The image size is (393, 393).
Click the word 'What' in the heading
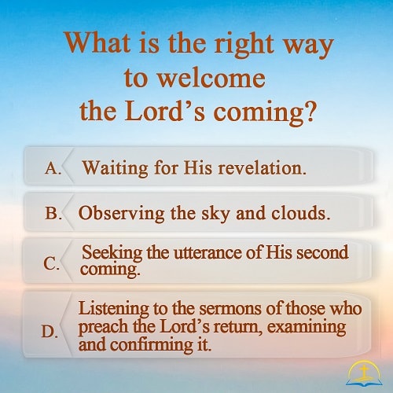[x=97, y=42]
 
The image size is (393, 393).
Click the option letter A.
[x=53, y=167]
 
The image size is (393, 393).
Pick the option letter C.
[x=51, y=263]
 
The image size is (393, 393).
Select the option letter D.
[x=50, y=332]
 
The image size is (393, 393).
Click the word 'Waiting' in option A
[x=116, y=168]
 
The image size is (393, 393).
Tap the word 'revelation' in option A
[x=262, y=167]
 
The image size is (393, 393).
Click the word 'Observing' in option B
[x=122, y=214]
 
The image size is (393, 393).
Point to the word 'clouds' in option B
[x=300, y=212]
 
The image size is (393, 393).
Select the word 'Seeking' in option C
[x=112, y=253]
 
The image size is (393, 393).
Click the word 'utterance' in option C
[x=208, y=253]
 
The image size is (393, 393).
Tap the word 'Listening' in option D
[x=114, y=309]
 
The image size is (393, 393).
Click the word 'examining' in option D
[x=307, y=327]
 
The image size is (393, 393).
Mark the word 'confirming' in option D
[x=152, y=346]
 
